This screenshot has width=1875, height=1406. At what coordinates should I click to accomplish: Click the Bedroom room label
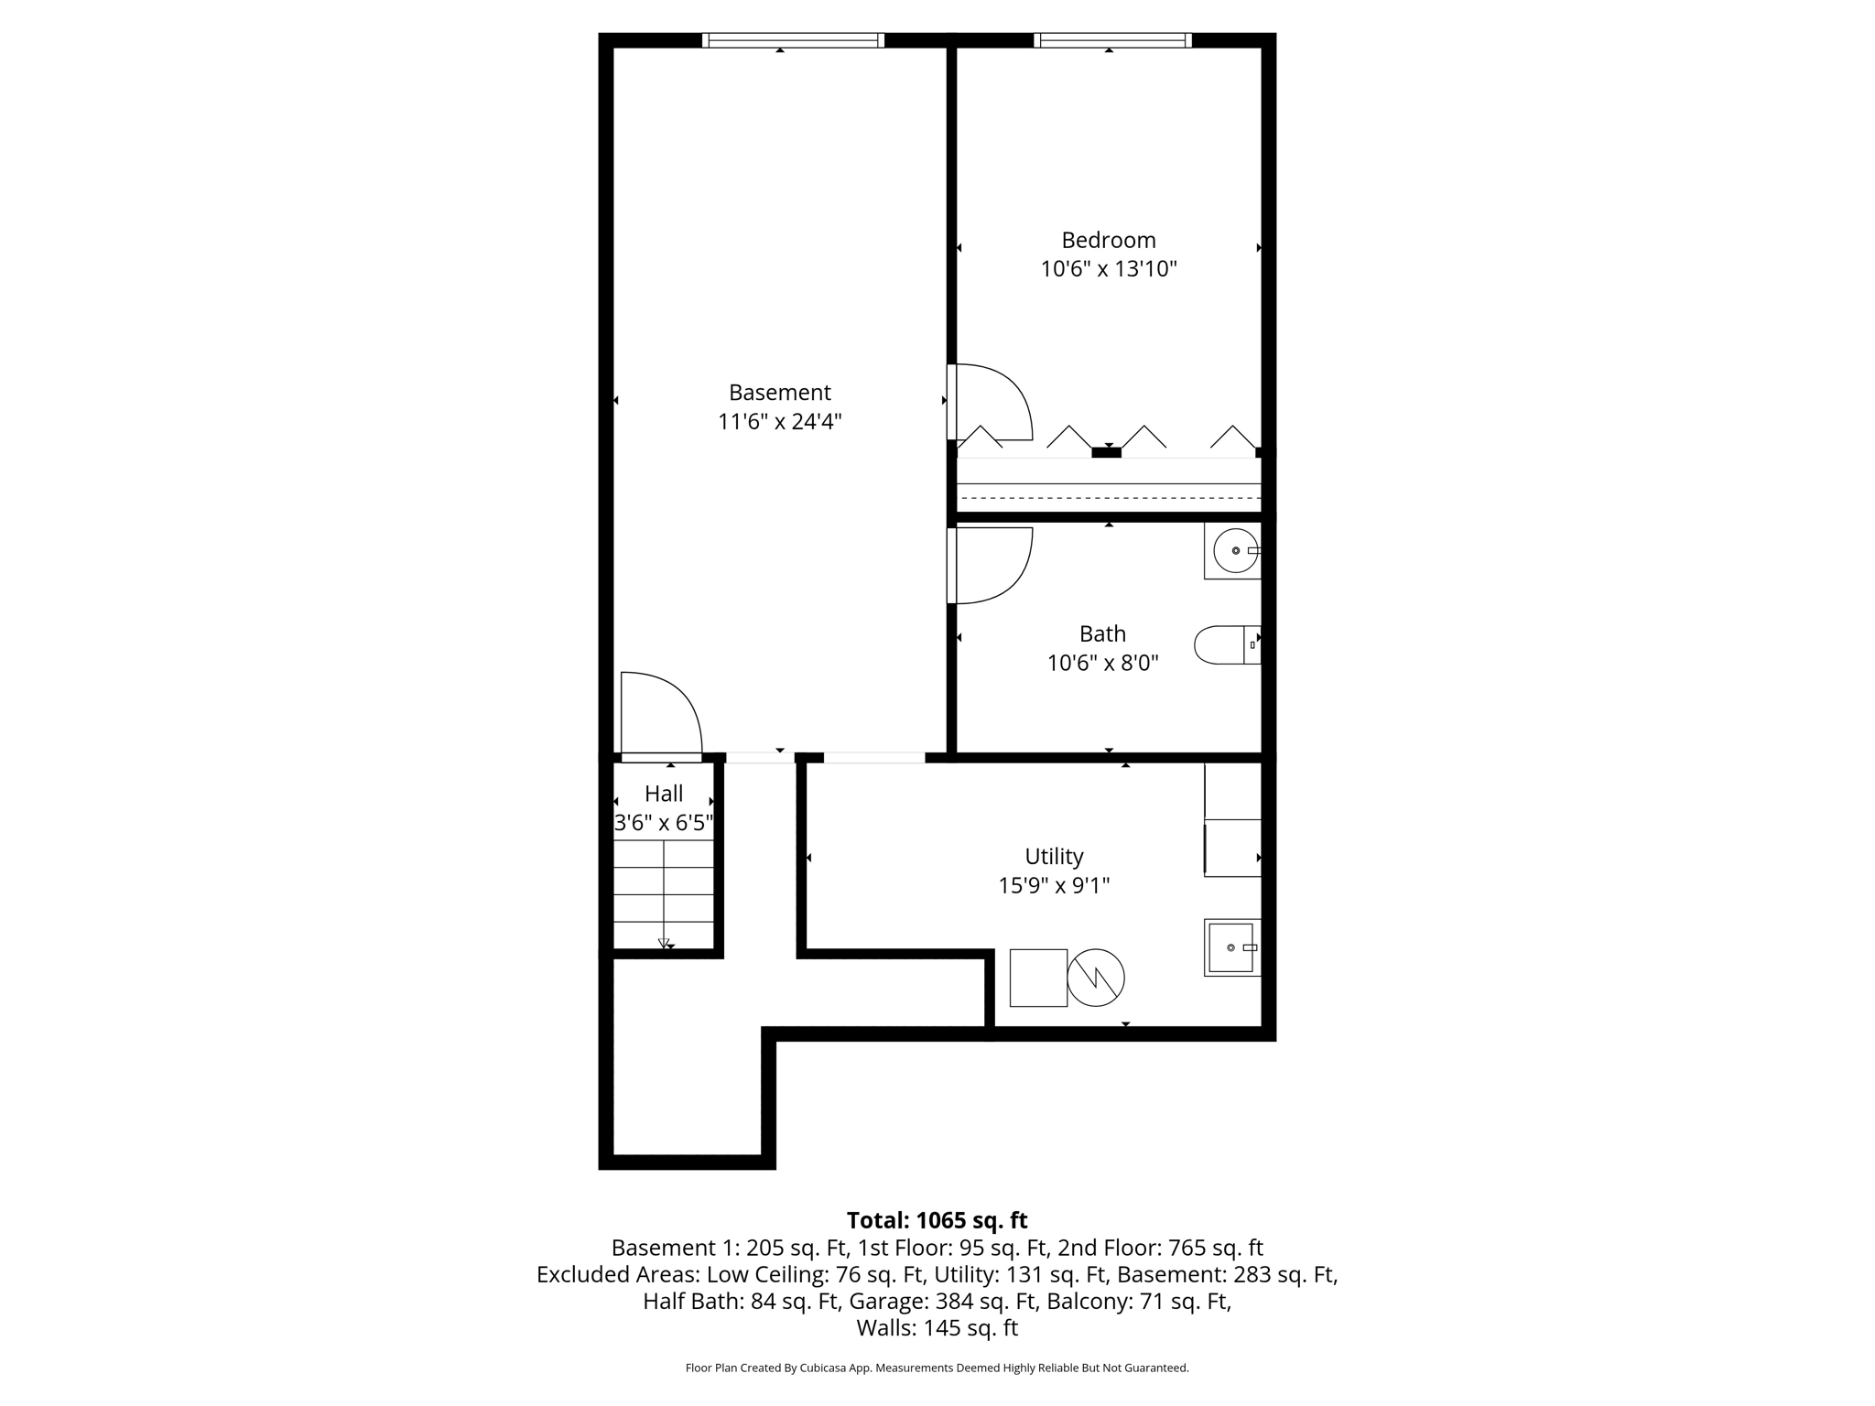tap(1108, 240)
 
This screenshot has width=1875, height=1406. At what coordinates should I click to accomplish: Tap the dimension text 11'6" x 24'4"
tap(779, 422)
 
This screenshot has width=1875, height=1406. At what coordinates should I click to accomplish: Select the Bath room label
tap(1102, 633)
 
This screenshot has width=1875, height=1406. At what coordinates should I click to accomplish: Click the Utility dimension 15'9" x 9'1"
tap(1054, 885)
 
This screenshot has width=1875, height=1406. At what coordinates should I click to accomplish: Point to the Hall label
tap(664, 794)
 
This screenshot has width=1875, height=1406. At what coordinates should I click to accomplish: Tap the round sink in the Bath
tap(1234, 551)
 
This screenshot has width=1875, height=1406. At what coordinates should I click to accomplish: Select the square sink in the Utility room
tap(1231, 947)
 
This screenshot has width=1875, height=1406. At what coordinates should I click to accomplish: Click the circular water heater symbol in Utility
tap(1096, 978)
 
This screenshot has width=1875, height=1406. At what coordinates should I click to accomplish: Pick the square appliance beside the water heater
tap(1038, 978)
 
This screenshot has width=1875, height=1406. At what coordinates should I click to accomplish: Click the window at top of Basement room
tap(793, 40)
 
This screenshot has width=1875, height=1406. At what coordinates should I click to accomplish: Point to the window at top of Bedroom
tap(1112, 40)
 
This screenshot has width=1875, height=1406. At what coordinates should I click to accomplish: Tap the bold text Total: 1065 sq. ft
tap(937, 1220)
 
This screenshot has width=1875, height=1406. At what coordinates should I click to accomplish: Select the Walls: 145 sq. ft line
tap(937, 1328)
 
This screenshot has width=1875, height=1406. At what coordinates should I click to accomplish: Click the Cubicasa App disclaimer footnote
tap(937, 1368)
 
